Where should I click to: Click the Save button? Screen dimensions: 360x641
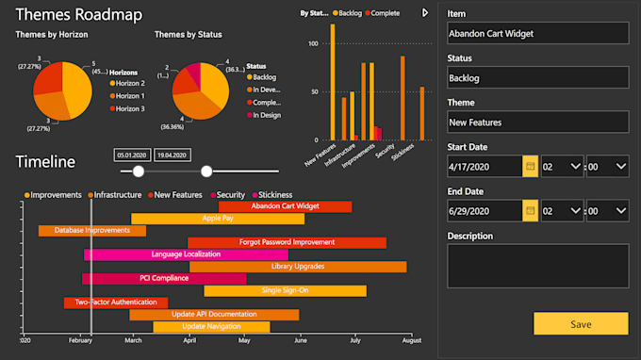pyautogui.click(x=581, y=324)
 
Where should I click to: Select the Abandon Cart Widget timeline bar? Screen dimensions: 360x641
pyautogui.click(x=285, y=206)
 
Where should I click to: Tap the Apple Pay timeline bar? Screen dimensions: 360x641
pyautogui.click(x=218, y=219)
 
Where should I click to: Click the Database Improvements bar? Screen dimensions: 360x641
pyautogui.click(x=91, y=231)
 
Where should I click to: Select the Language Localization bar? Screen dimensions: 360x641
pyautogui.click(x=186, y=254)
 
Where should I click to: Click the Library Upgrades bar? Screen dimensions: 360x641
pyautogui.click(x=297, y=267)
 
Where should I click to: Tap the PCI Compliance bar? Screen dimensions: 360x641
pyautogui.click(x=164, y=279)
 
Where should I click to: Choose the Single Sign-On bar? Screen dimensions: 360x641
pyautogui.click(x=284, y=290)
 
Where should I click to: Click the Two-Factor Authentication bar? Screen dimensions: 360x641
pyautogui.click(x=115, y=303)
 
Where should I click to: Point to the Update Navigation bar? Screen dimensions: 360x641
pyautogui.click(x=210, y=327)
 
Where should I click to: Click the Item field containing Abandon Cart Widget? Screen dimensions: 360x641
pyautogui.click(x=536, y=33)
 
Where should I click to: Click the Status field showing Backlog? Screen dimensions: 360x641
pyautogui.click(x=536, y=77)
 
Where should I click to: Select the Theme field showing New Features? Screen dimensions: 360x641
pyautogui.click(x=536, y=122)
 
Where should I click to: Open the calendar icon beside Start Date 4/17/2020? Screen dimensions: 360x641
pyautogui.click(x=530, y=167)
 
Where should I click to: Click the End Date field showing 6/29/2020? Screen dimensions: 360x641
pyautogui.click(x=484, y=211)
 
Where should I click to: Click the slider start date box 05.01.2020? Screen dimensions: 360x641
pyautogui.click(x=131, y=155)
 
